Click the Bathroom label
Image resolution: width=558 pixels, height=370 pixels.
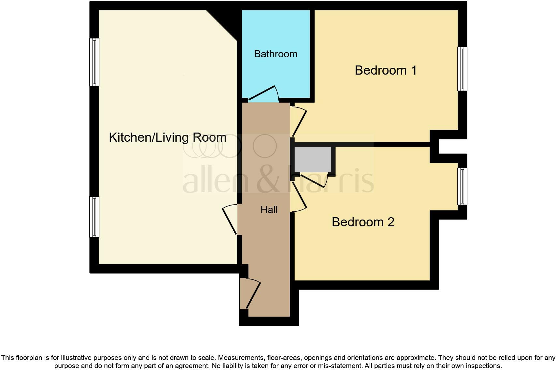click(x=275, y=54)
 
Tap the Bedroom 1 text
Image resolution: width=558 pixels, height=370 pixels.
click(x=386, y=70)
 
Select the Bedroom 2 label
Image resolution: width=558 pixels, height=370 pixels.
click(x=363, y=222)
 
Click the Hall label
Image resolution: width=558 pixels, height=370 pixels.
click(x=269, y=210)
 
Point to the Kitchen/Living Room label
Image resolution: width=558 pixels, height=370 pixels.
click(x=168, y=137)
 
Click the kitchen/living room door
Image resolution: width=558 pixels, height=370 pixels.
click(x=229, y=221)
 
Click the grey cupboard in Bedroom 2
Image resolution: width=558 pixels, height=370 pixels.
click(x=313, y=159)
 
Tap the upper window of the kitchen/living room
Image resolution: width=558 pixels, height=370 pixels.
click(x=94, y=62)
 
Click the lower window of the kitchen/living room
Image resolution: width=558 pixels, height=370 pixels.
click(x=94, y=217)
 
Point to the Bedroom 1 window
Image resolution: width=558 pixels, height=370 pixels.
click(x=462, y=69)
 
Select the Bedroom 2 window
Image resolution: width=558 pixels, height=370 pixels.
click(x=462, y=186)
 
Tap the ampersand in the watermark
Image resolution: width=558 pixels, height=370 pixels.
click(x=269, y=181)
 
